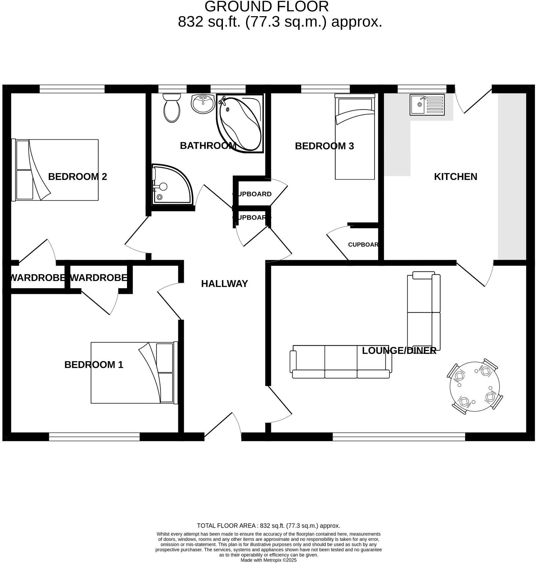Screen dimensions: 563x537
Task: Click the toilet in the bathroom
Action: (172, 108)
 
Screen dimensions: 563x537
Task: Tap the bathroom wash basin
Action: (203, 104)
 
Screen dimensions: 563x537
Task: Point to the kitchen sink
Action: (427, 105)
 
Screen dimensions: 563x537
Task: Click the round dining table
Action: (475, 386)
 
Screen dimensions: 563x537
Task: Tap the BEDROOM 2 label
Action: (77, 177)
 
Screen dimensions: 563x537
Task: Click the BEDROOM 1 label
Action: (94, 365)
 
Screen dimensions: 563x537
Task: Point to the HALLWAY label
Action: (225, 284)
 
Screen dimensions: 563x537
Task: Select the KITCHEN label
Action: (455, 177)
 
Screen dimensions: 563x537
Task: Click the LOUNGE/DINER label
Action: (399, 351)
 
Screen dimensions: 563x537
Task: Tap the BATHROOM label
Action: (208, 146)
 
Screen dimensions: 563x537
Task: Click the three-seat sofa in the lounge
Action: (341, 362)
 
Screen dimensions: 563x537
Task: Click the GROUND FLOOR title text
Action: (267, 7)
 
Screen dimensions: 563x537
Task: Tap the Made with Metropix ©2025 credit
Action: (268, 560)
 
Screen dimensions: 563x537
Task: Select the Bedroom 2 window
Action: (72, 89)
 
